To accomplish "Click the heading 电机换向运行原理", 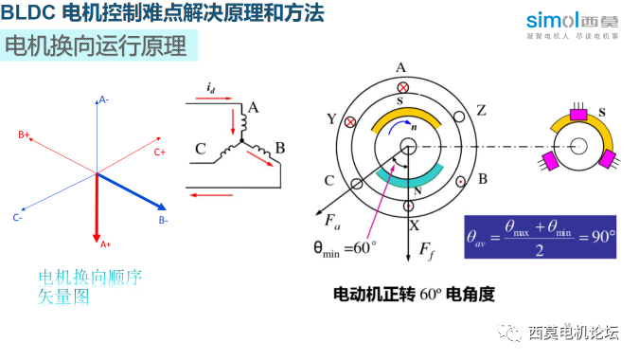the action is tap(96, 45).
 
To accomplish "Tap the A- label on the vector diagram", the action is tap(103, 99).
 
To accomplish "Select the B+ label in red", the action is tap(24, 135).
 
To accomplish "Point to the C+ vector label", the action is tap(160, 152).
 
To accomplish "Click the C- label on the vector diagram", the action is tap(18, 218).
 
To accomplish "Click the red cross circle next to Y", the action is tap(352, 122).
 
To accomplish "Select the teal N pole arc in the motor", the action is tap(410, 174).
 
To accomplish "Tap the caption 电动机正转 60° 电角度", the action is tap(414, 294).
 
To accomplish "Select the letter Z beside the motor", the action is tap(481, 110).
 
